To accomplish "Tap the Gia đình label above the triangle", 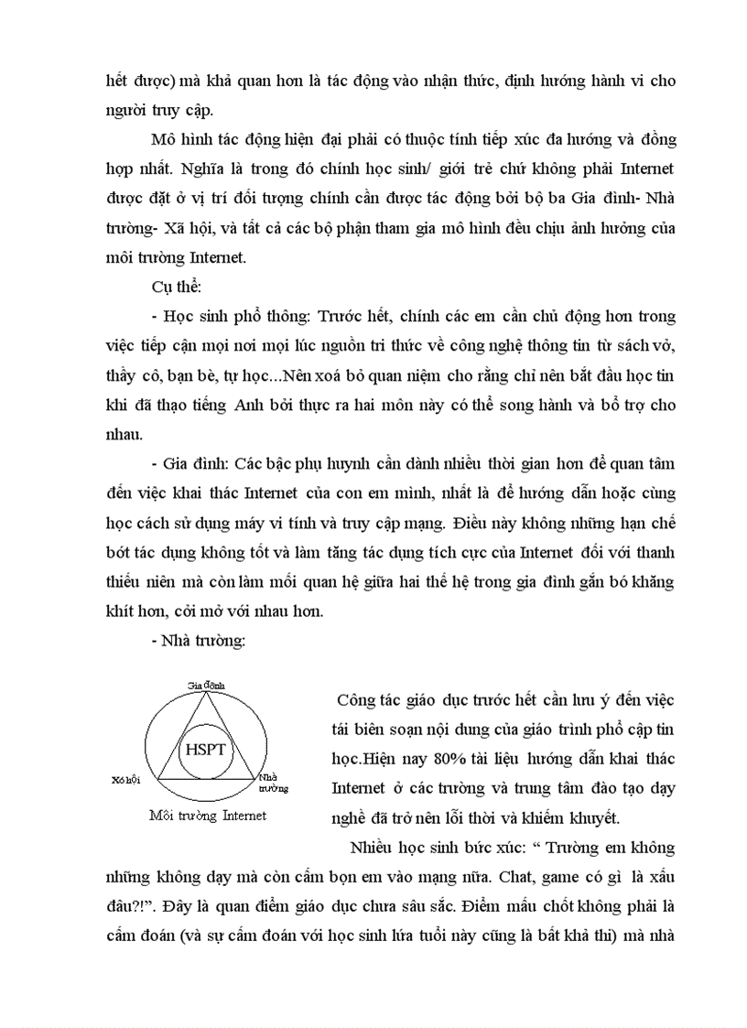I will (206, 685).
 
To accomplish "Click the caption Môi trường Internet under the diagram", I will (207, 815).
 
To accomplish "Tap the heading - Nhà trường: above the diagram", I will (196, 641).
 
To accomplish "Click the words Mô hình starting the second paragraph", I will (179, 141).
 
